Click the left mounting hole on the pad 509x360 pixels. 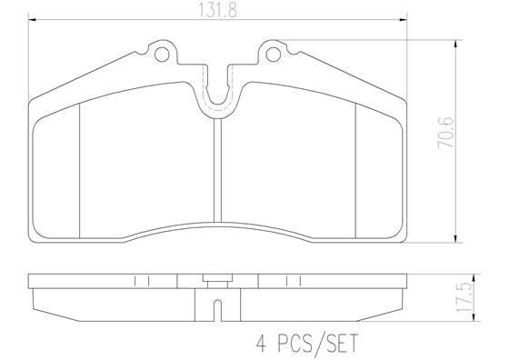[x=164, y=55]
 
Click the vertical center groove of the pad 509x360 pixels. [x=218, y=173]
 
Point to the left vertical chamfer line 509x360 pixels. [x=82, y=168]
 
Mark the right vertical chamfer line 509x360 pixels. [x=354, y=168]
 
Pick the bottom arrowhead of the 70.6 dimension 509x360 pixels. [x=454, y=244]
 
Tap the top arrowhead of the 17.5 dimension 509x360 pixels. [x=454, y=276]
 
